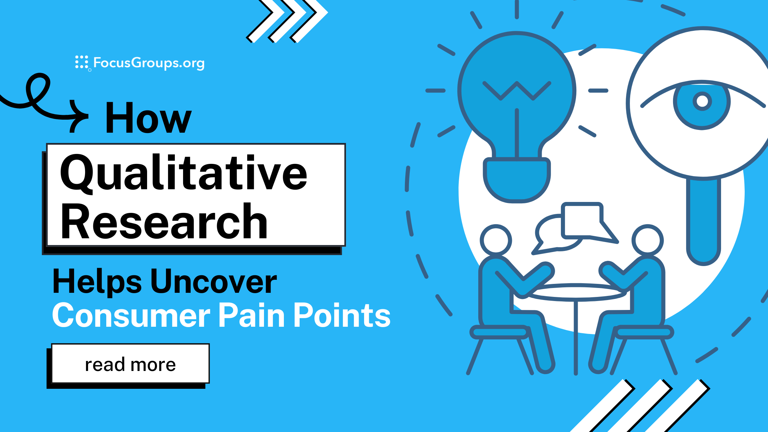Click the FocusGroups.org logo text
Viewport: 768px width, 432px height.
(149, 63)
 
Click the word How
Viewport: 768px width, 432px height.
(148, 118)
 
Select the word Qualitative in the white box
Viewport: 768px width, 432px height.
(183, 173)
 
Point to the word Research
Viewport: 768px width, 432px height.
(164, 221)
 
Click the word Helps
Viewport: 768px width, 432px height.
(97, 281)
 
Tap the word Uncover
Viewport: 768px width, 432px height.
(213, 281)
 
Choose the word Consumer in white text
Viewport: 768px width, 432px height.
(131, 315)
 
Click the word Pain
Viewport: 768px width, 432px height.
(252, 315)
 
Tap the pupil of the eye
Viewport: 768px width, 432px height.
(702, 101)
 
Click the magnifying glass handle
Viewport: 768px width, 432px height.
(704, 221)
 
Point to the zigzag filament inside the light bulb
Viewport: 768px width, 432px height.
(517, 91)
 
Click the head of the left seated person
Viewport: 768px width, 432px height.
(496, 240)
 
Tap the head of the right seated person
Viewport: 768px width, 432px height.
(647, 240)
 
